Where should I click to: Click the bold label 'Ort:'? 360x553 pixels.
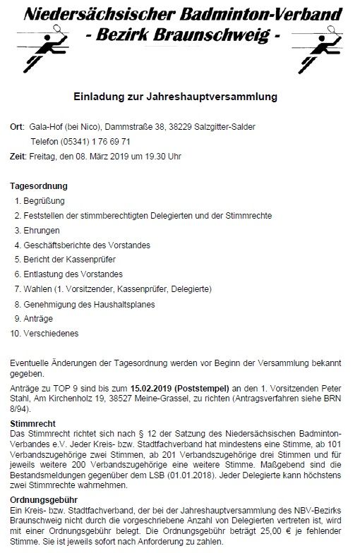click(18, 127)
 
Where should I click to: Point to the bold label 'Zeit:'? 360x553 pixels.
click(18, 155)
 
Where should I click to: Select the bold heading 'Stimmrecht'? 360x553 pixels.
click(33, 423)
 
